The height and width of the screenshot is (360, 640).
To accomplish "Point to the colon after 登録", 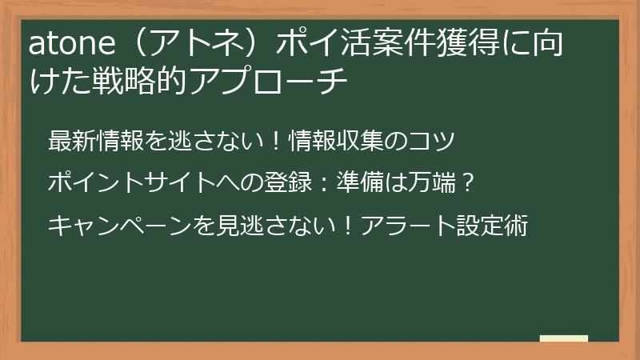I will pos(337,183).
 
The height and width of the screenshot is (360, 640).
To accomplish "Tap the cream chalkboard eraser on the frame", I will pos(563,338).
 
